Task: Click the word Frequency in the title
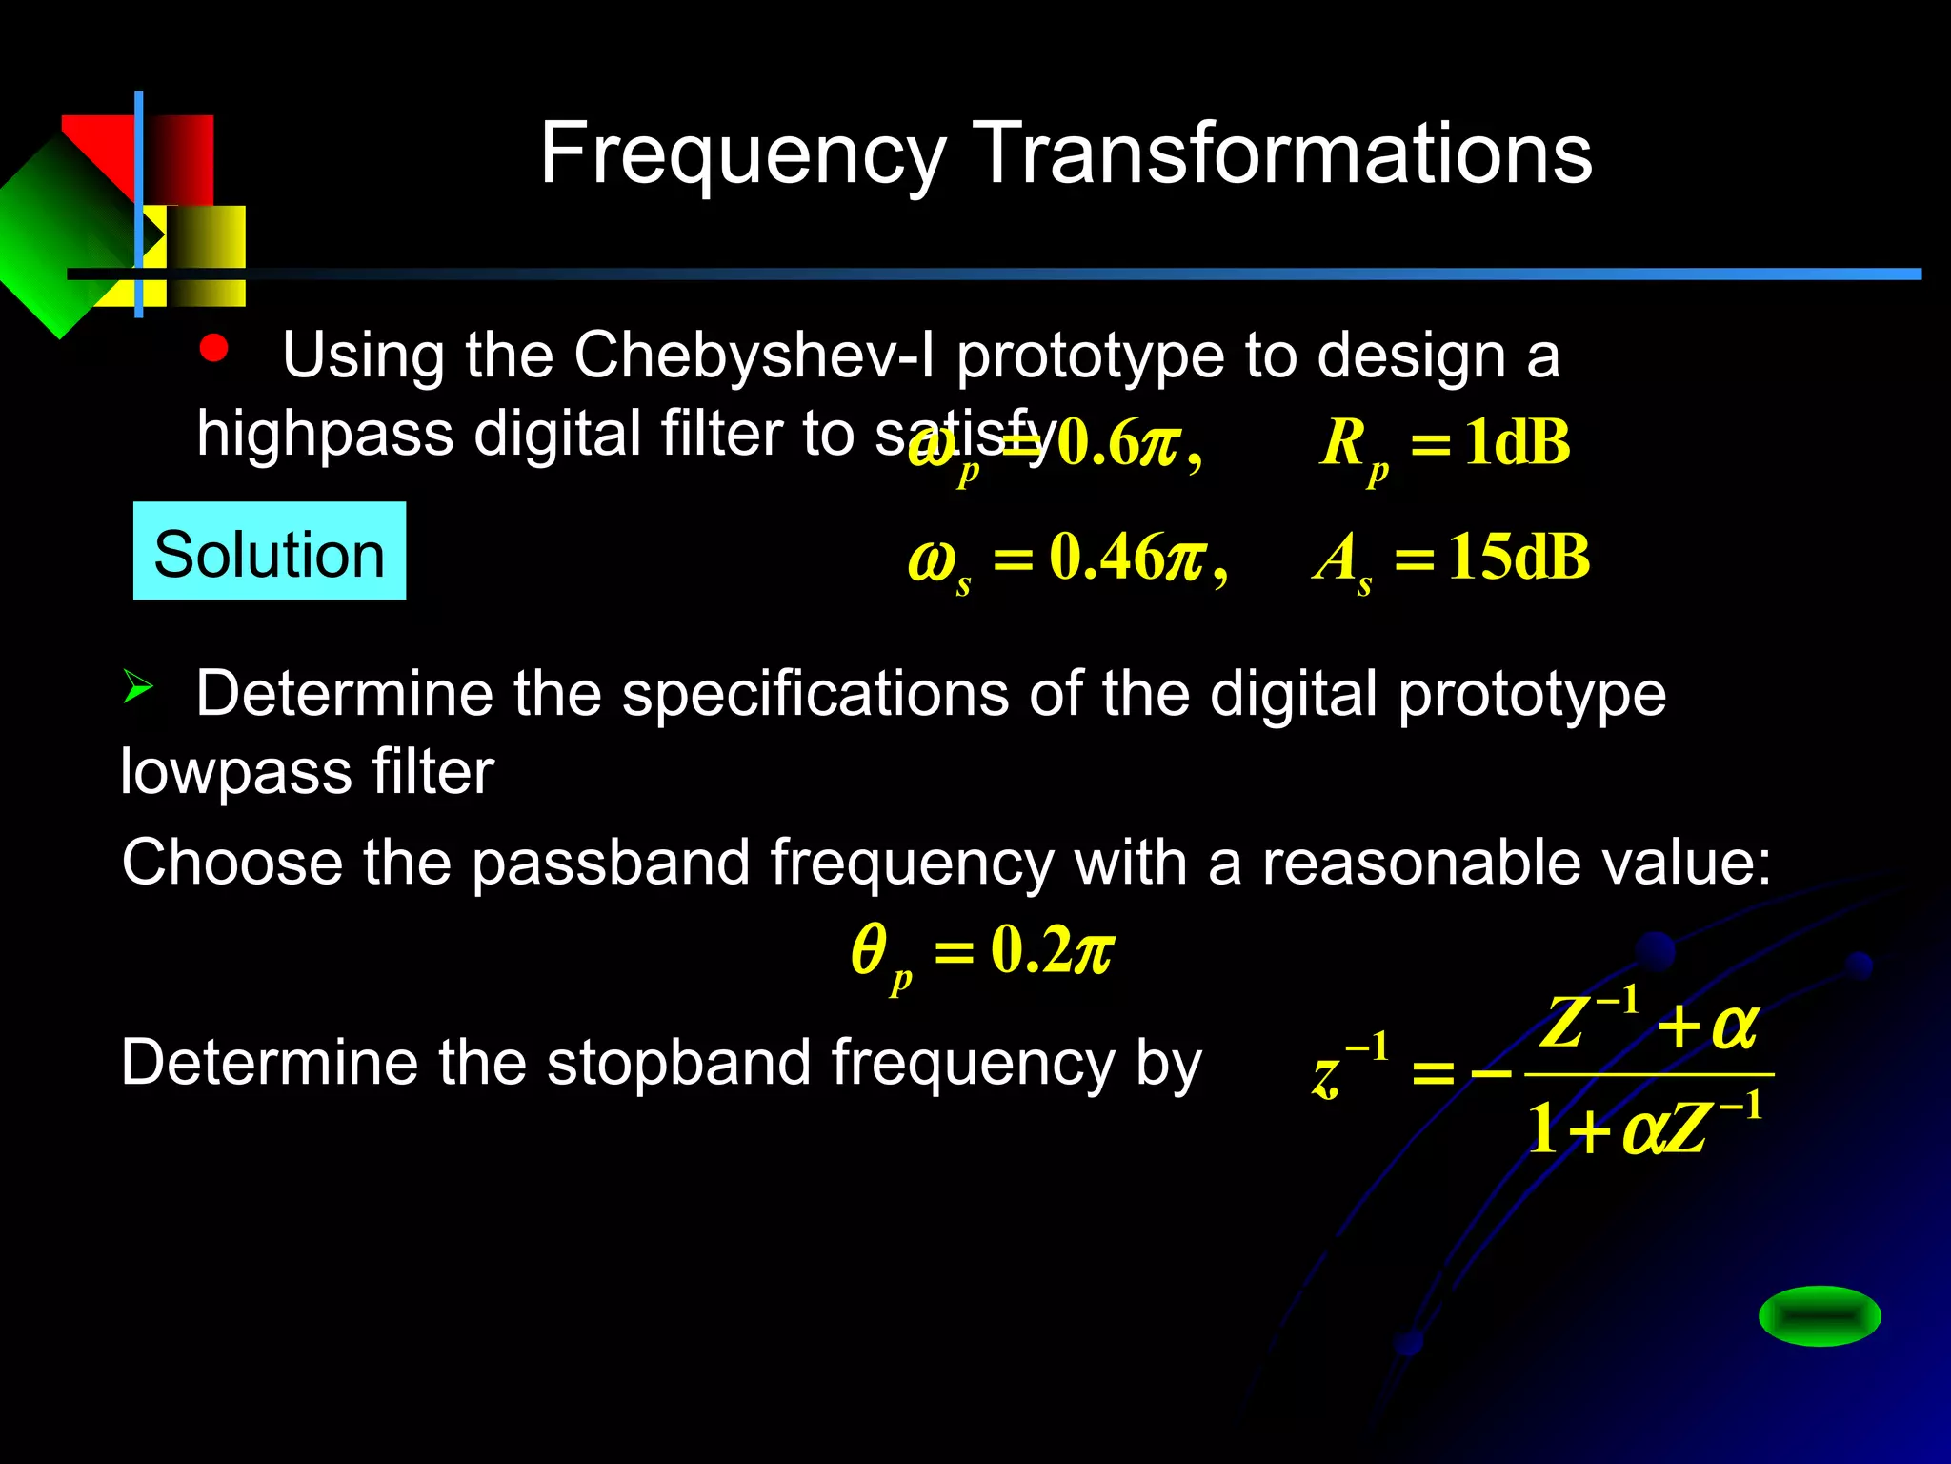point(743,154)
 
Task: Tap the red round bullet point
point(213,349)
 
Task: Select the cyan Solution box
point(270,552)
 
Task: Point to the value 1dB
point(1517,442)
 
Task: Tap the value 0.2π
point(1052,950)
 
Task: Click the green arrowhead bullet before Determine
point(137,686)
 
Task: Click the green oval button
point(1820,1316)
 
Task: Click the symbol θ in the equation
point(868,950)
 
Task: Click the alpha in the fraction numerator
point(1734,1027)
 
